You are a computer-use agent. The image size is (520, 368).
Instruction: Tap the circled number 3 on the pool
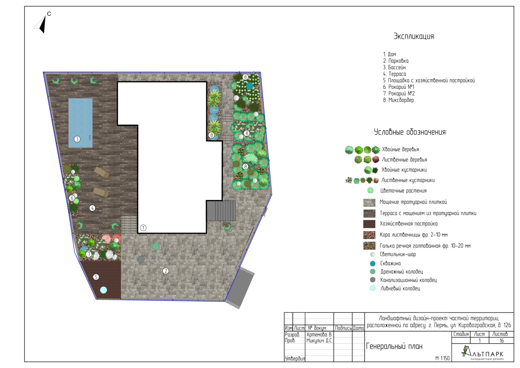pos(77,139)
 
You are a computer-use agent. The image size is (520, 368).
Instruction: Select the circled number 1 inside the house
pos(143,228)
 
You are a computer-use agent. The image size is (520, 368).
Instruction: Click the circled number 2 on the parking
pos(165,271)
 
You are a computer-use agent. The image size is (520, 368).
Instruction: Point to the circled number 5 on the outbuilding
pos(96,277)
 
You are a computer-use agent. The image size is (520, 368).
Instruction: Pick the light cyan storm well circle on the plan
pos(104,290)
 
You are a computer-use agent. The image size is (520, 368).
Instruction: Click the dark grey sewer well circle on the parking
pos(141,259)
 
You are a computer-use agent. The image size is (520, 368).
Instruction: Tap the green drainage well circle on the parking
pos(156,246)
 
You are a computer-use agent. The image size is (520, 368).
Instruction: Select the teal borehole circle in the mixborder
pos(250,86)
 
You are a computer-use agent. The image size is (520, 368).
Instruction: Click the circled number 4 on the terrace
pos(92,208)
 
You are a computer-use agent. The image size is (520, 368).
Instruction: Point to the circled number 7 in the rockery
pos(88,254)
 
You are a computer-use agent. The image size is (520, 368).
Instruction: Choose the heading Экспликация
pos(414,36)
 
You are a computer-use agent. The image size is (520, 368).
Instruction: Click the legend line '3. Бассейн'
pos(395,67)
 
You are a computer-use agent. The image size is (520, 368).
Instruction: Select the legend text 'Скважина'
pos(390,263)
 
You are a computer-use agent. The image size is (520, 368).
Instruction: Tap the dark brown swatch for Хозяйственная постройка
pos(369,224)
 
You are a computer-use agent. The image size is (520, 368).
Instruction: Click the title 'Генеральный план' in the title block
pos(394,346)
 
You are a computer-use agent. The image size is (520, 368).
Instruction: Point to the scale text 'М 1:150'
pos(442,358)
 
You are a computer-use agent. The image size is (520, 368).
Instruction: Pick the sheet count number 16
pos(501,341)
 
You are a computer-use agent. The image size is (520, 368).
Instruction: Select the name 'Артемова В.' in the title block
pos(319,335)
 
